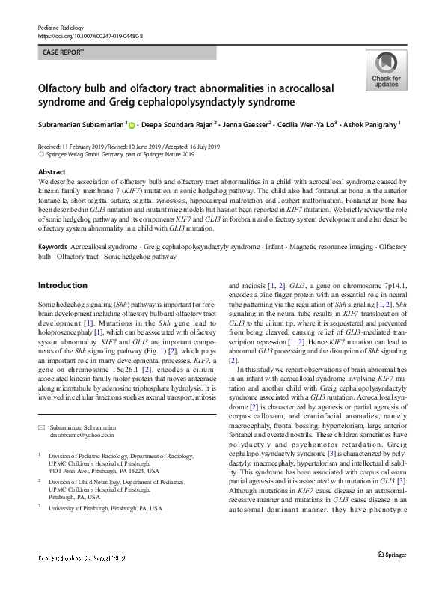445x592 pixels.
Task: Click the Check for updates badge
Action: coord(385,70)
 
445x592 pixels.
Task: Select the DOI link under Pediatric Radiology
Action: coord(90,35)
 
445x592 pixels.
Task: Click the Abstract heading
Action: coord(52,172)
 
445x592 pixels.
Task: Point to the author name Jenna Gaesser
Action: coord(248,125)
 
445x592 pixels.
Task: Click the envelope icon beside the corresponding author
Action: coord(42,426)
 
